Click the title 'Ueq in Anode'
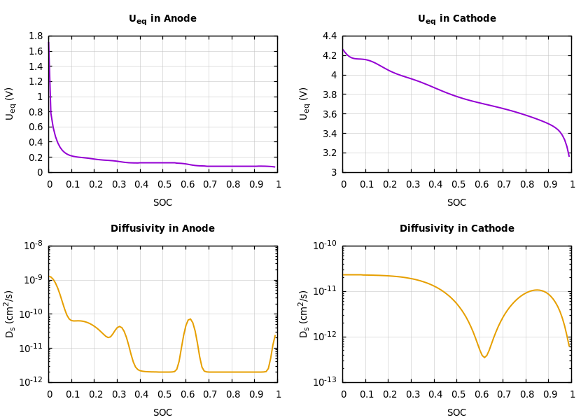coord(162,19)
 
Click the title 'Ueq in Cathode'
coord(456,19)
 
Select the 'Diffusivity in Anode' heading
coord(162,229)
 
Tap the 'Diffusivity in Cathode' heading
coord(456,229)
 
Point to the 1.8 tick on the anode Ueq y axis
coord(35,36)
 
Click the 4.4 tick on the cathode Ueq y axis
coord(329,36)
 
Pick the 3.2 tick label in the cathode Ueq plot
coord(329,153)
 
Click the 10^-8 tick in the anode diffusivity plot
coord(33,246)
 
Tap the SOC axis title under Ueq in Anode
coord(162,203)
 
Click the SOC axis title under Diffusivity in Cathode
coord(456,413)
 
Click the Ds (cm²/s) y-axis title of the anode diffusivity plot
coord(10,314)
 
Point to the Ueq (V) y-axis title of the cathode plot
coord(304,104)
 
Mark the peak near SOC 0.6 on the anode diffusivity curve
coord(190,319)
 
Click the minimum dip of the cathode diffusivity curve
coord(484,358)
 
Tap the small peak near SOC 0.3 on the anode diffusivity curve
coord(119,326)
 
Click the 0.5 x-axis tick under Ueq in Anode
coord(163,184)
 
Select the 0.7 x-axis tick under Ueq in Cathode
coord(503,184)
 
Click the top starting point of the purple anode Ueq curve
coord(49,41)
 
